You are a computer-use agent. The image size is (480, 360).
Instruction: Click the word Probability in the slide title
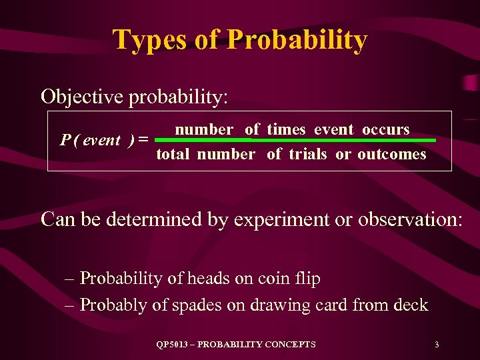tap(297, 40)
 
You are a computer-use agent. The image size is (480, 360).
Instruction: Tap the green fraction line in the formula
tap(299, 141)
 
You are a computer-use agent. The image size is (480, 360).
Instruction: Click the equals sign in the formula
tap(143, 141)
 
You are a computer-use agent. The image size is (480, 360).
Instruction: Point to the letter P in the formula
tap(65, 141)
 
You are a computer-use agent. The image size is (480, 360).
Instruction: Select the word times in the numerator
tap(287, 129)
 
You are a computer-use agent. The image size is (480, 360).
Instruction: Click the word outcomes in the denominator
tap(391, 155)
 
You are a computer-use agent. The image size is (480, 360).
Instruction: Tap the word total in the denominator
tap(173, 155)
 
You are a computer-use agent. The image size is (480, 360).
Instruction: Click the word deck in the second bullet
tap(411, 305)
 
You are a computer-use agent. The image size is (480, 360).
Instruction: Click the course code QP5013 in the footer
tap(172, 345)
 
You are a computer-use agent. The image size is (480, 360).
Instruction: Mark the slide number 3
tap(436, 345)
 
